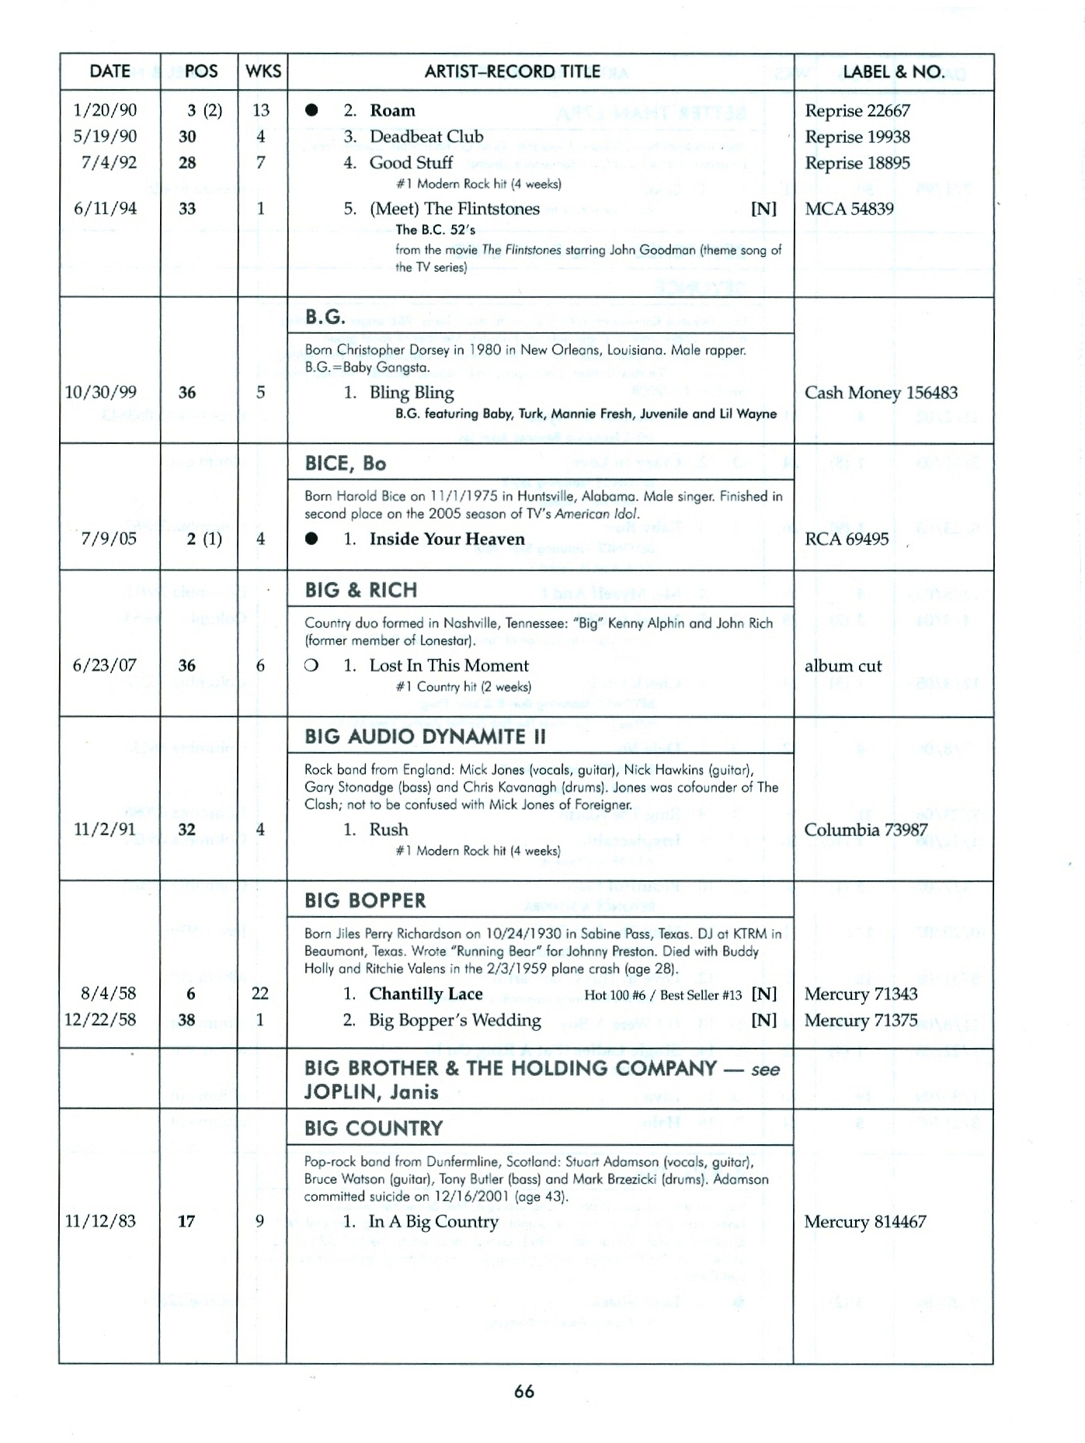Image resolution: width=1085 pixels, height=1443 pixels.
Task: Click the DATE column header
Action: [x=110, y=71]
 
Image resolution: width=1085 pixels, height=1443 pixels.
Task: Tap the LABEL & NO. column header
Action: [x=893, y=72]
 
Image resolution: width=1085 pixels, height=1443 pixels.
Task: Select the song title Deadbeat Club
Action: [x=426, y=137]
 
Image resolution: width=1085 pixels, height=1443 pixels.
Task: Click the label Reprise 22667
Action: [x=857, y=111]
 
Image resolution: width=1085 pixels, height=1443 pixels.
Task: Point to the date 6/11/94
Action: [x=105, y=208]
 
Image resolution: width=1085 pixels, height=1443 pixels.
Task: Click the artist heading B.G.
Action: [x=325, y=317]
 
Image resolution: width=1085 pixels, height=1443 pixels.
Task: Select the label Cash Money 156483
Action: [x=880, y=393]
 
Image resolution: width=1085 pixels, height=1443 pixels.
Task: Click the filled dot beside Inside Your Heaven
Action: [x=311, y=539]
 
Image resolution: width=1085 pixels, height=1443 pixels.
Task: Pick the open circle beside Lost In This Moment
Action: [x=311, y=666]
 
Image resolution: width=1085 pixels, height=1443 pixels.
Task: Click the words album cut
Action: [x=843, y=666]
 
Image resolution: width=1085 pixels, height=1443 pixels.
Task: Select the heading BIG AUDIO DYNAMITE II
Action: [x=425, y=737]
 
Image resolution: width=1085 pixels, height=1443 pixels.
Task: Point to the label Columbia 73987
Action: [x=865, y=830]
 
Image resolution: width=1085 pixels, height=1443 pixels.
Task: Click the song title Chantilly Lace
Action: [x=426, y=994]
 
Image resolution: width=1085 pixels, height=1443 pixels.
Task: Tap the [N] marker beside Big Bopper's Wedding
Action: [x=763, y=1020]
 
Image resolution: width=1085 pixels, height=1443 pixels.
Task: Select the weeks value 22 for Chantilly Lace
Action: [x=259, y=994]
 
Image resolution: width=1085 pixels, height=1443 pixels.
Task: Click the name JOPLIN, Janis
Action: [x=371, y=1092]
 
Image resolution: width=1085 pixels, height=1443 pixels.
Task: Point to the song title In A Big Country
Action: [x=433, y=1222]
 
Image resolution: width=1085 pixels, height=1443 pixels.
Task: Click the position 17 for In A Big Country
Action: [x=186, y=1222]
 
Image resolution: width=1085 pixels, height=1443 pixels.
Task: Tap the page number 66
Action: [x=524, y=1392]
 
